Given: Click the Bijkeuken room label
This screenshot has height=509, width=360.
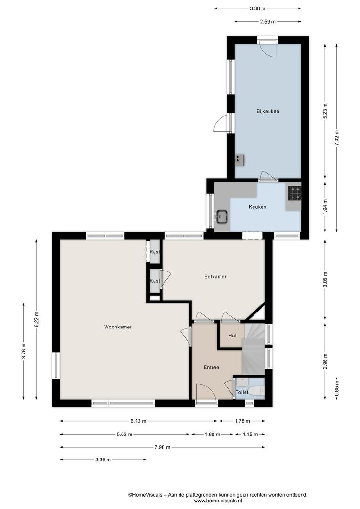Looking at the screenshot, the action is click(x=268, y=111).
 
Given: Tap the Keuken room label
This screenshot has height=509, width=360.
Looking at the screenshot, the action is click(x=257, y=207).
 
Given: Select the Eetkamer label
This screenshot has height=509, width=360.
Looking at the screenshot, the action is click(x=215, y=277).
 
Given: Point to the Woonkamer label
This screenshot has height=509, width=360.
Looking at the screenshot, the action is click(x=118, y=327).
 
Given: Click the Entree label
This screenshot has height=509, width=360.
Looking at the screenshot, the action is click(x=211, y=367).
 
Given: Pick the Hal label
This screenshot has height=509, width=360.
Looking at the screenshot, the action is click(x=232, y=336).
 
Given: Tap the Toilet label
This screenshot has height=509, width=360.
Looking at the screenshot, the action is click(x=242, y=392).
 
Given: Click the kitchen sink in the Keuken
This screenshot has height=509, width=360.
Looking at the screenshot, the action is click(x=222, y=216).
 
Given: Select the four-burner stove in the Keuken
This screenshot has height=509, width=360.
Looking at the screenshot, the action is click(x=295, y=193).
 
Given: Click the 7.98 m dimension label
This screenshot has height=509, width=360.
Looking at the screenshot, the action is click(x=162, y=447).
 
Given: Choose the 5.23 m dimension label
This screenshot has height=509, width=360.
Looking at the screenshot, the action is click(x=325, y=111).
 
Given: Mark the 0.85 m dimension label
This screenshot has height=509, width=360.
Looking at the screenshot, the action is click(x=337, y=388).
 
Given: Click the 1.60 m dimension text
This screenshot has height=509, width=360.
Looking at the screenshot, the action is click(x=212, y=435).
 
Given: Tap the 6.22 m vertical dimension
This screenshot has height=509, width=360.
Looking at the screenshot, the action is click(x=36, y=320).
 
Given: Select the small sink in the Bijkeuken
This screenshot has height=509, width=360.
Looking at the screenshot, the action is click(x=240, y=159).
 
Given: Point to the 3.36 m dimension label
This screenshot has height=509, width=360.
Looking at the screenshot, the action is click(x=103, y=460).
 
